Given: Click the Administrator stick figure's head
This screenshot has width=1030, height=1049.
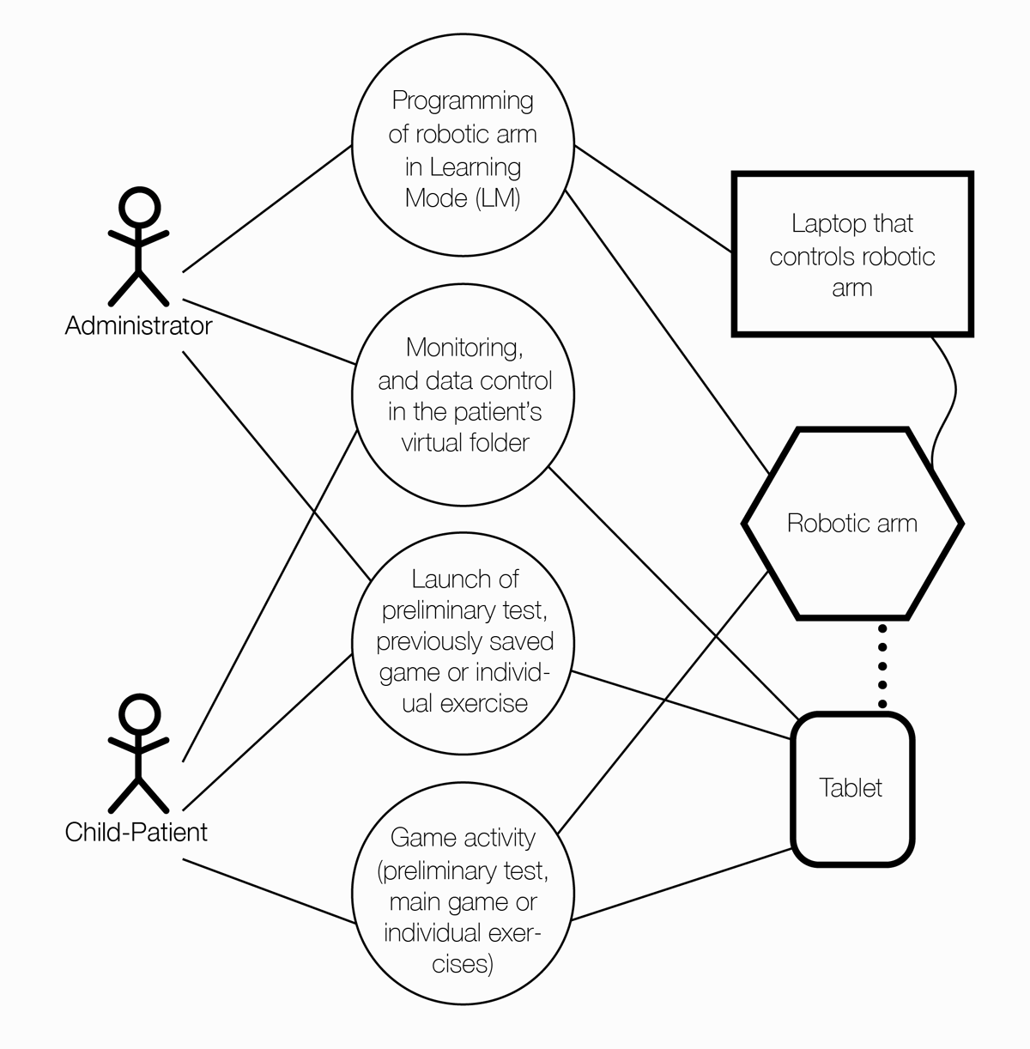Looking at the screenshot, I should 138,208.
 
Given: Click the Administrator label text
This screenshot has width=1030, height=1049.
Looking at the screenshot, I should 138,326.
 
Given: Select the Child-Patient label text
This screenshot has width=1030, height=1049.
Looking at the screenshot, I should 136,832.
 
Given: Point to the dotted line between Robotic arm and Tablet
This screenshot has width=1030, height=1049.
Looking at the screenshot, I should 882,666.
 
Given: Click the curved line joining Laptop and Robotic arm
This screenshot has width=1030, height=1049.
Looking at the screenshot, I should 949,395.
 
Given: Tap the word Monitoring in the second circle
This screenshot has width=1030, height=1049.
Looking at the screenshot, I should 464,348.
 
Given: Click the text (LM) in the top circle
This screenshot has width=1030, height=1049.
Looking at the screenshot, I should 497,197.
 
